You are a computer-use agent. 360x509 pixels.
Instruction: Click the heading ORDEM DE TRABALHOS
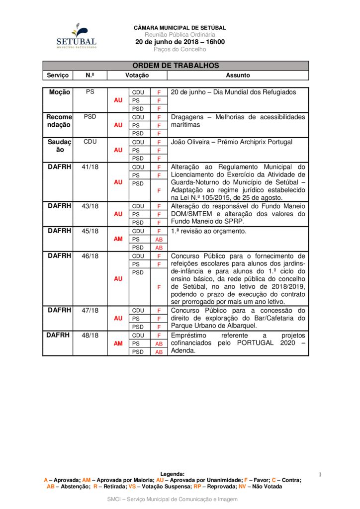tap(176, 66)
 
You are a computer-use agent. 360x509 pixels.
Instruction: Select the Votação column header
tap(137, 76)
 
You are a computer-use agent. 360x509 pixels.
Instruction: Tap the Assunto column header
tap(238, 76)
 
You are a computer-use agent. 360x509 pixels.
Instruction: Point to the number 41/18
tap(90, 167)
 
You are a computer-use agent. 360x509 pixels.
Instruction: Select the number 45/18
tap(90, 231)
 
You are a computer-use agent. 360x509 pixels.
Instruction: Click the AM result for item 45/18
tap(118, 239)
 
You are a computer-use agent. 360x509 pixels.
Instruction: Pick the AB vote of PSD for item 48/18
tap(159, 352)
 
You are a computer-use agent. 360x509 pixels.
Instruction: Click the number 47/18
tap(90, 310)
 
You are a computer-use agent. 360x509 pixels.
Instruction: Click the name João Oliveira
tap(191, 142)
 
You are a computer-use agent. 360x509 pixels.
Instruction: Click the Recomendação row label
tap(59, 121)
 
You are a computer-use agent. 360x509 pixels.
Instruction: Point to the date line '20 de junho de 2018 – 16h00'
tap(180, 42)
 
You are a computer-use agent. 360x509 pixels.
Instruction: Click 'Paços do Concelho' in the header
tap(180, 50)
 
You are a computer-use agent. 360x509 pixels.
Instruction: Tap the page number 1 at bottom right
tap(321, 475)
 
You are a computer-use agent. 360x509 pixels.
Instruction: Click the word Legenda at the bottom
tap(173, 474)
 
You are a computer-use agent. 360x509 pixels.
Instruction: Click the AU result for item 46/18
tap(118, 279)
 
